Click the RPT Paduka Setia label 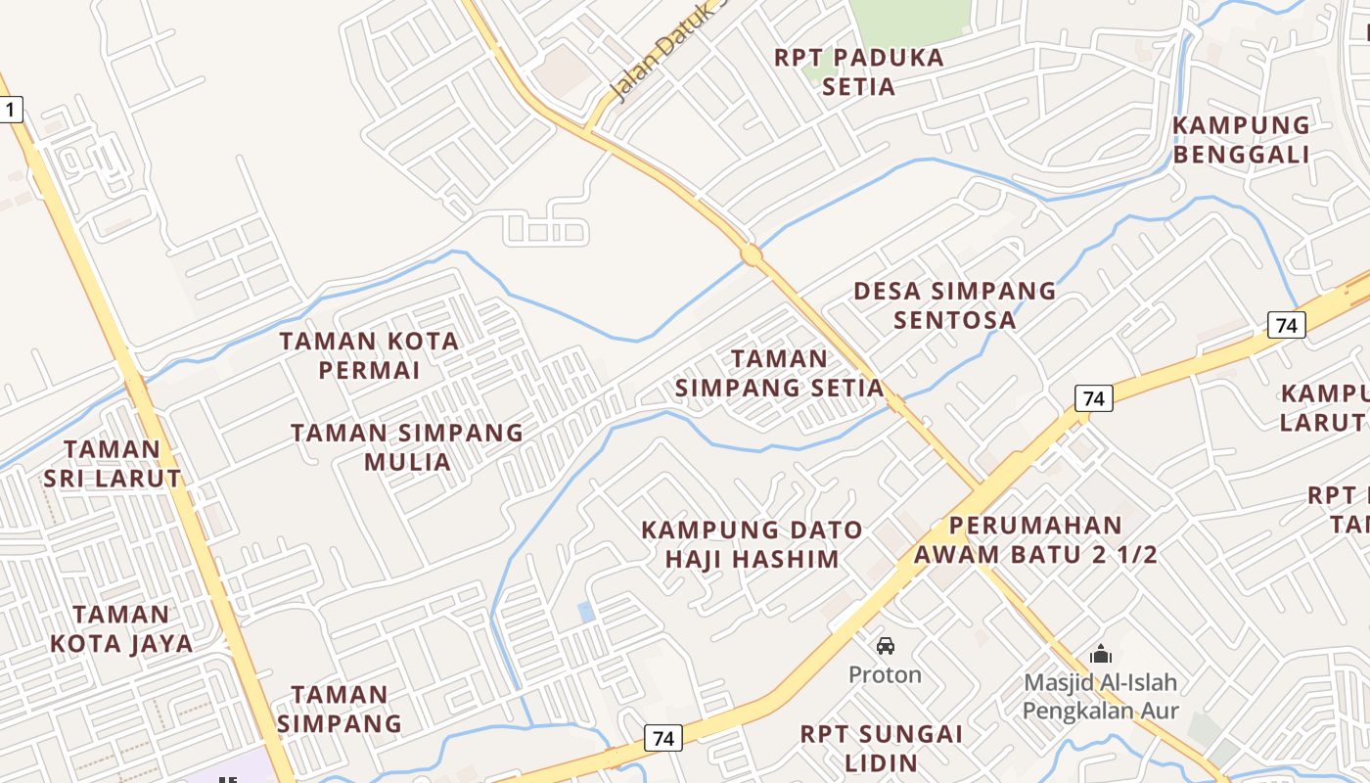click(x=859, y=71)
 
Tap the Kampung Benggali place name click(x=1241, y=140)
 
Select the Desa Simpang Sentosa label click(x=955, y=304)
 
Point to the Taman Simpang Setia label click(x=779, y=373)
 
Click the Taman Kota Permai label click(x=369, y=355)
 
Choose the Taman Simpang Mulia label click(x=407, y=446)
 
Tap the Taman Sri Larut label click(x=113, y=464)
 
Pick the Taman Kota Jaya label click(x=121, y=628)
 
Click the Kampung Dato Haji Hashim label click(x=752, y=544)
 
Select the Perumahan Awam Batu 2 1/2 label click(x=1035, y=539)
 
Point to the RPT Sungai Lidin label click(x=882, y=748)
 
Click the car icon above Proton click(x=886, y=646)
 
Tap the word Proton click(x=885, y=675)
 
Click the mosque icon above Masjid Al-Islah click(x=1101, y=653)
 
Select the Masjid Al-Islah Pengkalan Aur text click(x=1101, y=696)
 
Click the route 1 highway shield click(x=10, y=109)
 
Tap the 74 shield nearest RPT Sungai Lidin click(x=663, y=738)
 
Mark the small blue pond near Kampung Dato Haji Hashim click(x=585, y=612)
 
